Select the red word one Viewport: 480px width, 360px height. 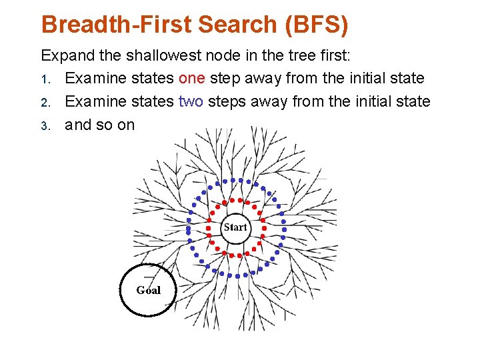click(192, 78)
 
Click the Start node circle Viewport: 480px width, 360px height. click(235, 227)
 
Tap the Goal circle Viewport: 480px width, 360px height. click(147, 289)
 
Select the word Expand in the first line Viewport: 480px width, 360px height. click(65, 55)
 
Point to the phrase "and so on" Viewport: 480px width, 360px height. click(99, 125)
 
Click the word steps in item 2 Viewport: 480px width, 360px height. click(227, 101)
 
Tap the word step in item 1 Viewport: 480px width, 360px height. click(225, 78)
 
